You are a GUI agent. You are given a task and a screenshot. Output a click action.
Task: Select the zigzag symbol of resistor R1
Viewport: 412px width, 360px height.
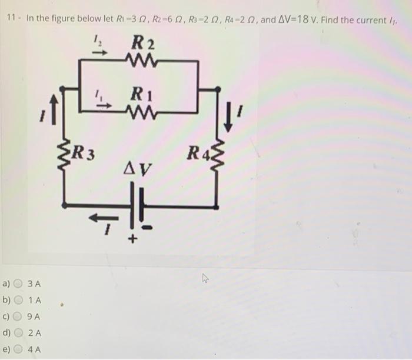[141, 109]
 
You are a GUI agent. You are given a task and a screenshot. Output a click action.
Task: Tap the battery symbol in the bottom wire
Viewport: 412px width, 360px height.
[137, 202]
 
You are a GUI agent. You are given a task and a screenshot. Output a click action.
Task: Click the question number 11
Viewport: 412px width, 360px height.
[11, 18]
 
